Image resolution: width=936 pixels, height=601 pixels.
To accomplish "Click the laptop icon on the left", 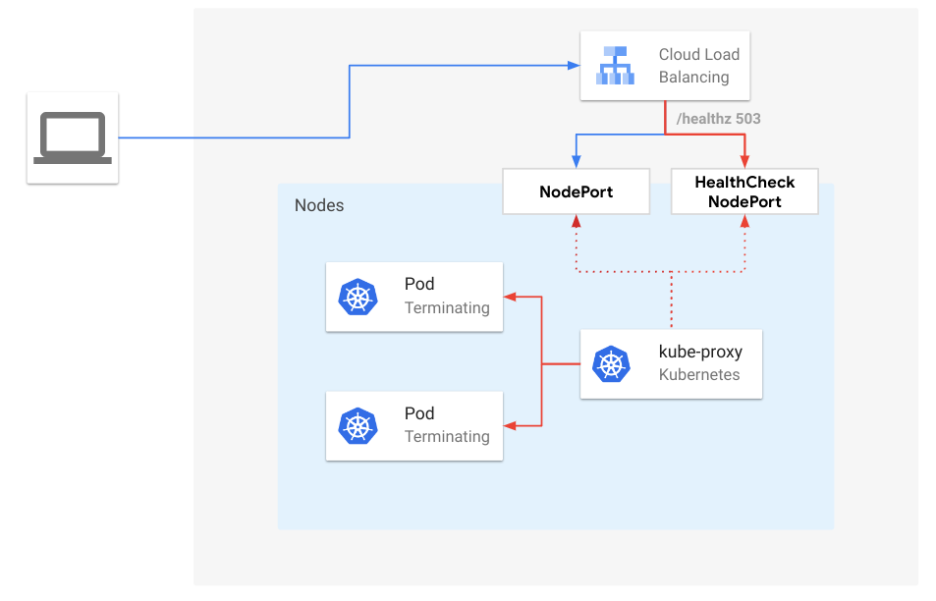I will point(73,138).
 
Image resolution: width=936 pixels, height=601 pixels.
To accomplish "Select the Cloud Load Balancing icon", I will point(616,66).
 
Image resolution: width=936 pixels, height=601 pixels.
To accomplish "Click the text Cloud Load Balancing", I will point(697,66).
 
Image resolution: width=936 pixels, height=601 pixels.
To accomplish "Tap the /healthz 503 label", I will point(718,119).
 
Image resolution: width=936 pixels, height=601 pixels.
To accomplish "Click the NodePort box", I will point(576,191).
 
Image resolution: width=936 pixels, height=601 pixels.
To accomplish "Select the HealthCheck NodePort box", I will point(743,191).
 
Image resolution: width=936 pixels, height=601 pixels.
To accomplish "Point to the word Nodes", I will point(319,205).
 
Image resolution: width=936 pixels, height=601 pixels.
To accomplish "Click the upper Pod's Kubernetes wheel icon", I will point(358,297).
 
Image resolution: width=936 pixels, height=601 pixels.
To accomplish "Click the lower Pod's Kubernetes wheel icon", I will point(358,425).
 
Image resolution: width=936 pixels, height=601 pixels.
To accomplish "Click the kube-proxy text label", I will point(699,352).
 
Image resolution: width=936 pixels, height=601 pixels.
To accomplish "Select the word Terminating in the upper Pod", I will point(446,307).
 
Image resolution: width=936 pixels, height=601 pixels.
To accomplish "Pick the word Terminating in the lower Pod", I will point(446,436).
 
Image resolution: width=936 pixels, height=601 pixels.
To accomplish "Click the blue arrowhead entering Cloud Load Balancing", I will point(574,66).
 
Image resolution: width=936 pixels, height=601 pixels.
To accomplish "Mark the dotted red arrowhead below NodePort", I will point(576,221).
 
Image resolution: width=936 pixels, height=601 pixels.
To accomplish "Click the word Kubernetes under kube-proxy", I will point(698,374).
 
